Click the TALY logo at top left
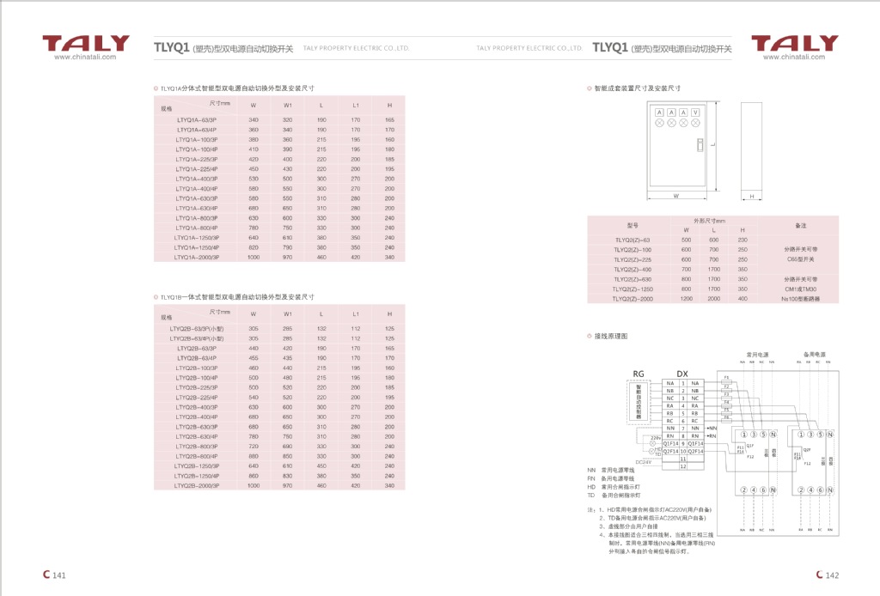(x=86, y=43)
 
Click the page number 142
(x=831, y=575)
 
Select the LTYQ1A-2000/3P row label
(x=197, y=257)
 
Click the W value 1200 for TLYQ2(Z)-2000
(x=686, y=299)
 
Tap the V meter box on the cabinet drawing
(x=695, y=113)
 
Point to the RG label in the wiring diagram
(x=638, y=374)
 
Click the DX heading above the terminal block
(x=682, y=374)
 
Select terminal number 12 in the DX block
(x=682, y=466)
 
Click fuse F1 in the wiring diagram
(x=726, y=377)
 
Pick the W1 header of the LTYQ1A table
(x=288, y=105)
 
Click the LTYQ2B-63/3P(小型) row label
(x=196, y=329)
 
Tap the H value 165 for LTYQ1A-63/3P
(x=389, y=119)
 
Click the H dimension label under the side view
(x=750, y=196)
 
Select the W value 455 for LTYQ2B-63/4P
(x=254, y=358)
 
